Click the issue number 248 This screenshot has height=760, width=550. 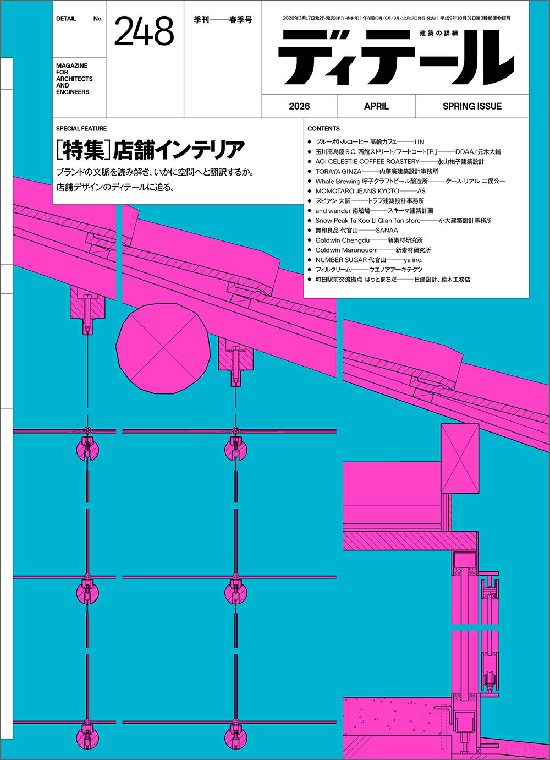144,32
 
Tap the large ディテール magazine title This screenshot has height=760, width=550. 395,58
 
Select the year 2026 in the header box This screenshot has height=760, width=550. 299,106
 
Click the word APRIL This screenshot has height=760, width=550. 376,106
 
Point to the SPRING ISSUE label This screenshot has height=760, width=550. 472,106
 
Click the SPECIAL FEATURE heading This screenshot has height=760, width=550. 81,129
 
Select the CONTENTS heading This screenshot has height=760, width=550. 323,129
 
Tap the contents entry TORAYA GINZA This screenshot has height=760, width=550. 338,171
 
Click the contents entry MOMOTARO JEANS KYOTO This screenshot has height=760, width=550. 357,191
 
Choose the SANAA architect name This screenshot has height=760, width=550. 387,231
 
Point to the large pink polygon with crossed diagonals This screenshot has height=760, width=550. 163,348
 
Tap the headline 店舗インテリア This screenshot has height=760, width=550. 179,150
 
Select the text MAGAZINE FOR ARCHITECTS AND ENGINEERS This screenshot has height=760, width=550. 74,79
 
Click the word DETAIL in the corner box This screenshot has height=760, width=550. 66,19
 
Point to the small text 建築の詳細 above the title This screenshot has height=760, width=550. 439,33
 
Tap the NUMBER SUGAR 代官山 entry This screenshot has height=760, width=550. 350,260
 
